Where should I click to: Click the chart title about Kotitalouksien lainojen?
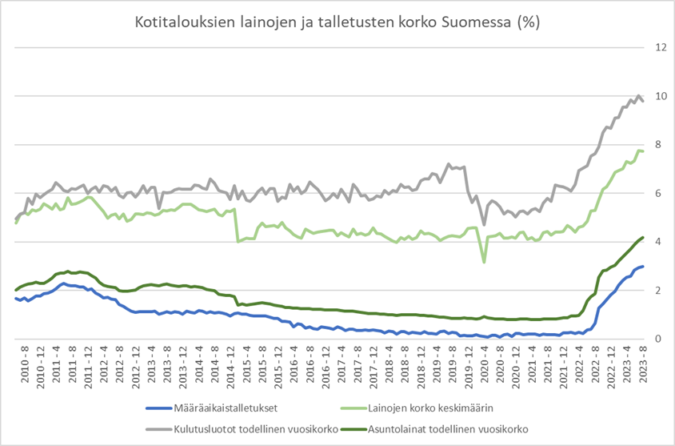(x=336, y=22)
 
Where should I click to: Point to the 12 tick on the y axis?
(x=661, y=47)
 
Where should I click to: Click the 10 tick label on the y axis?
(x=661, y=96)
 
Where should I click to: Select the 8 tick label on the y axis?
(x=661, y=145)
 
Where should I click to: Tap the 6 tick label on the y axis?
(x=661, y=194)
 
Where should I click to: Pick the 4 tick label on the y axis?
(x=661, y=242)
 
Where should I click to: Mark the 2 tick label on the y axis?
(x=661, y=291)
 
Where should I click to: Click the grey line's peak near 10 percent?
(x=638, y=95)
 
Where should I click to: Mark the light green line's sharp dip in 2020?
(x=484, y=262)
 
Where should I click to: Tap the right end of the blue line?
(x=642, y=267)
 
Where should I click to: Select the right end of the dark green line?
(x=642, y=237)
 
